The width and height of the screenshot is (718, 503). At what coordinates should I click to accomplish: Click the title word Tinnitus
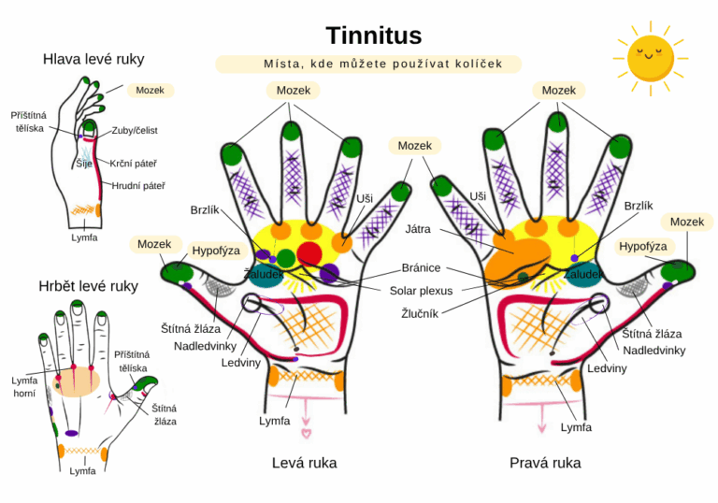(x=373, y=36)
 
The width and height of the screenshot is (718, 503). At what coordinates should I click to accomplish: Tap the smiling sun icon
(x=650, y=56)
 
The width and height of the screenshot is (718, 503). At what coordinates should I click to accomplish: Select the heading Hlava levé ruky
(x=93, y=59)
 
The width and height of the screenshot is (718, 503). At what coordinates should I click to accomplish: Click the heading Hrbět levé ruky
(x=89, y=286)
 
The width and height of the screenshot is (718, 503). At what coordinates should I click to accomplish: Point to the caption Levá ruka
(x=304, y=463)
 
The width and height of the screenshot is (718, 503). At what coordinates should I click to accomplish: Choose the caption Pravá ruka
(x=544, y=463)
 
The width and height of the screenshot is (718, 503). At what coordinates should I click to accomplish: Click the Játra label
(x=418, y=228)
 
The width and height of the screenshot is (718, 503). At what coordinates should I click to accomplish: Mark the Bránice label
(x=422, y=268)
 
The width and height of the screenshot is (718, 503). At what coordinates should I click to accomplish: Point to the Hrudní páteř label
(x=138, y=186)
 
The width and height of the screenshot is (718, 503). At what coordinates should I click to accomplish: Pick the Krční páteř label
(x=132, y=164)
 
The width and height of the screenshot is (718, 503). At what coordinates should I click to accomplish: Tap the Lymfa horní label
(x=24, y=387)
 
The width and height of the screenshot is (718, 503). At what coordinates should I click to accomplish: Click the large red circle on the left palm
(x=309, y=253)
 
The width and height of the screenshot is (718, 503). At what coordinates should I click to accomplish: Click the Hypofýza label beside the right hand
(x=643, y=246)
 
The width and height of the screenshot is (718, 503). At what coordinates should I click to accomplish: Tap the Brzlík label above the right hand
(x=639, y=206)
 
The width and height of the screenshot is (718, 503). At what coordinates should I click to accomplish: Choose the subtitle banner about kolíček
(x=369, y=65)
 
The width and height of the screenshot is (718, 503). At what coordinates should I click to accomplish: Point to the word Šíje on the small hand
(x=84, y=164)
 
